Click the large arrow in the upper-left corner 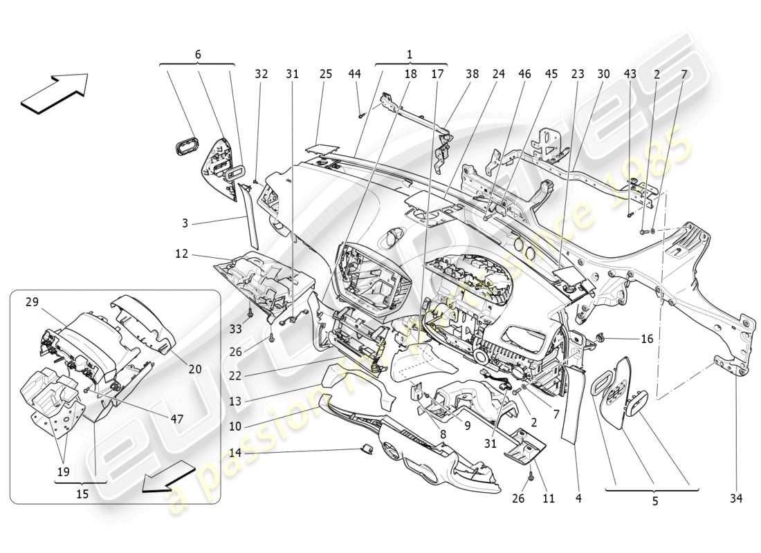(x=55, y=92)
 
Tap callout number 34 (x=736, y=497)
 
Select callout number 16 (x=647, y=339)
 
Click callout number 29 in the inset (x=33, y=302)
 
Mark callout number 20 (x=195, y=369)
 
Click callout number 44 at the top (x=354, y=73)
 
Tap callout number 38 (x=473, y=73)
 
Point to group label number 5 (x=654, y=502)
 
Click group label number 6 (x=198, y=54)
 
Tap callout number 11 (x=548, y=497)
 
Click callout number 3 (x=185, y=223)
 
